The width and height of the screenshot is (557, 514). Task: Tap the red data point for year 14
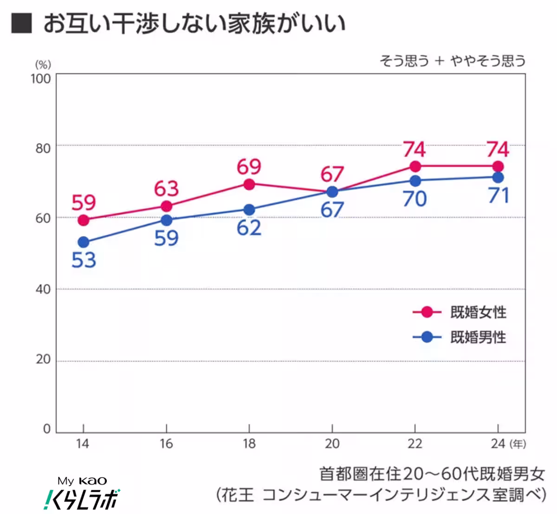tap(84, 220)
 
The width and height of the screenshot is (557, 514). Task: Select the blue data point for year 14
tap(84, 242)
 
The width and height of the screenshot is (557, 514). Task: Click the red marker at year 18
tap(249, 184)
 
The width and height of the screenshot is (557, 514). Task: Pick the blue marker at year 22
tap(415, 180)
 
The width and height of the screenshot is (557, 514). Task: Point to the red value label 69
tap(249, 167)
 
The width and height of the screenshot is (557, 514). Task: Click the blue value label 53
tap(84, 260)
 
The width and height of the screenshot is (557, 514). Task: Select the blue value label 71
tap(499, 196)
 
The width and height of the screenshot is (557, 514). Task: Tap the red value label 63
tap(166, 189)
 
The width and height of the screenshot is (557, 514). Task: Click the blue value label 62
tap(249, 228)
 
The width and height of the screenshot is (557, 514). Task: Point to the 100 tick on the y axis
tap(41, 78)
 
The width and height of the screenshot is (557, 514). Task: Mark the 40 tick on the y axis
tap(43, 289)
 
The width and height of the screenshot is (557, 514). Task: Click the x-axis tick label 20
tap(332, 444)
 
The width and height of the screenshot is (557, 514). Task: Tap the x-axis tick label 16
tap(166, 444)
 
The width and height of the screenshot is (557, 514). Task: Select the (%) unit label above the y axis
tap(43, 64)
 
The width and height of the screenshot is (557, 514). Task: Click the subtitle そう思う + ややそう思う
tap(453, 61)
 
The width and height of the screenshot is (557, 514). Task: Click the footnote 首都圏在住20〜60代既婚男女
tap(432, 474)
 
